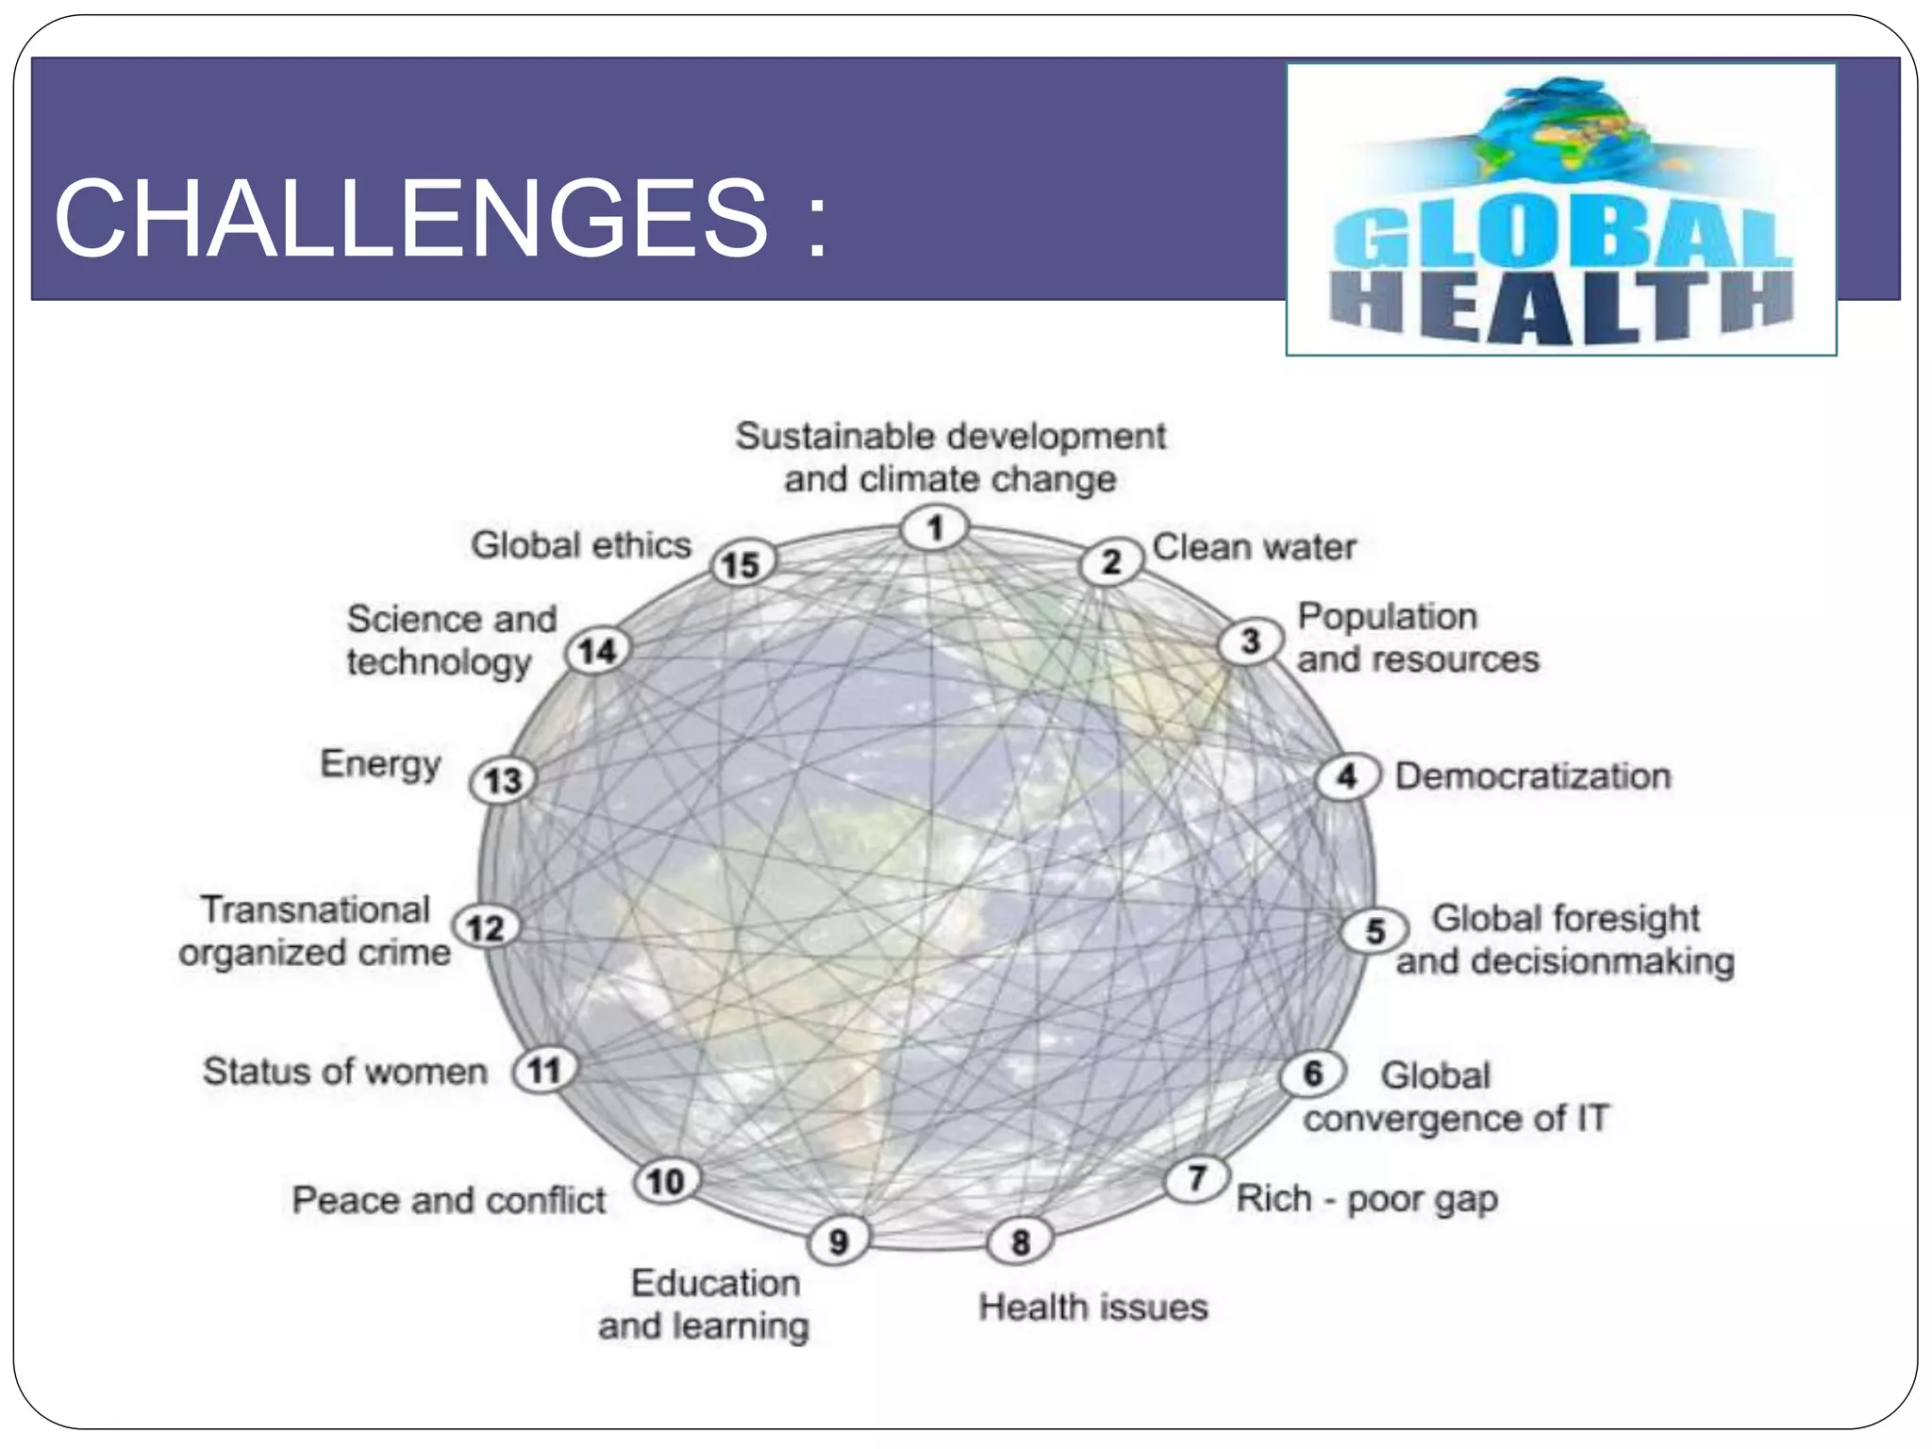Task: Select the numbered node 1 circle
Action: click(x=934, y=527)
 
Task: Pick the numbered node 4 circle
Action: click(x=1348, y=776)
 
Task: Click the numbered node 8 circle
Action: click(x=1020, y=1241)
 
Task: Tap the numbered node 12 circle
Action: click(x=486, y=927)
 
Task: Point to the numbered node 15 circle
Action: click(x=741, y=564)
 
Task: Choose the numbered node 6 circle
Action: click(x=1312, y=1074)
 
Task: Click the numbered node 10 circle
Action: click(x=665, y=1181)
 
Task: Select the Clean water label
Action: click(x=1254, y=547)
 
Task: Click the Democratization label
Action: click(x=1533, y=776)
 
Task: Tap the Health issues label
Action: click(x=1093, y=1307)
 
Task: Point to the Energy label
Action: click(x=380, y=764)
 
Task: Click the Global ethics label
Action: click(x=581, y=545)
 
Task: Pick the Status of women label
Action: click(x=345, y=1072)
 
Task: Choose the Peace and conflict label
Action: click(x=448, y=1200)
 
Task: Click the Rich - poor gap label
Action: click(x=1367, y=1199)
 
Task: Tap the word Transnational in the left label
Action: click(x=315, y=909)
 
